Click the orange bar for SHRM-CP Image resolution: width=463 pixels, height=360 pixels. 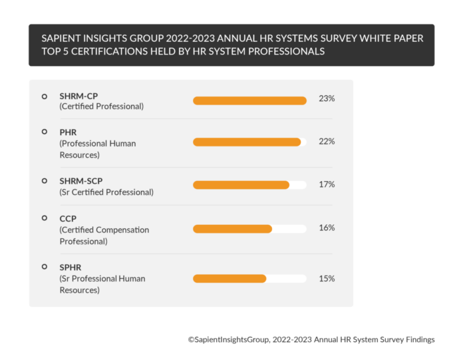(249, 100)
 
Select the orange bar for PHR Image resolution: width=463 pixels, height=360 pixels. (247, 142)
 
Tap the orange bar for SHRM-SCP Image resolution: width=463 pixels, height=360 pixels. (241, 185)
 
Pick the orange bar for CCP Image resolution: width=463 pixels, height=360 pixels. (232, 229)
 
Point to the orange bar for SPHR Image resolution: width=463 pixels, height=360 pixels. (230, 279)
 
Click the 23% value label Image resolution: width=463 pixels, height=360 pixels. (327, 98)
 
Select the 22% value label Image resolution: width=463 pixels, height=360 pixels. (327, 141)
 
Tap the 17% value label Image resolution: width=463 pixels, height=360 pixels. (327, 184)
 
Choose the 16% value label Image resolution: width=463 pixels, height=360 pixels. (327, 228)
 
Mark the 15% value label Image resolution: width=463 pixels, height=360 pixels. (327, 278)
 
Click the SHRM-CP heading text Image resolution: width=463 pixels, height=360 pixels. (78, 96)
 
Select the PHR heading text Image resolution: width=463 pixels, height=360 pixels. (68, 132)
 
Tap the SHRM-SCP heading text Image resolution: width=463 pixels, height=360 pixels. (81, 181)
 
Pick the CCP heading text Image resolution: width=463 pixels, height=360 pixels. (68, 218)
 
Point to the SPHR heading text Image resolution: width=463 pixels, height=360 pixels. (71, 268)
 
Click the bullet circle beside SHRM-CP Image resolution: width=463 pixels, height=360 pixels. (45, 96)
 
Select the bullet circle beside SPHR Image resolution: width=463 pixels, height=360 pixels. (45, 267)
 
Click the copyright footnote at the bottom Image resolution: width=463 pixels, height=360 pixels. (311, 339)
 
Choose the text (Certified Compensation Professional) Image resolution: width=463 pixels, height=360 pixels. (104, 236)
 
